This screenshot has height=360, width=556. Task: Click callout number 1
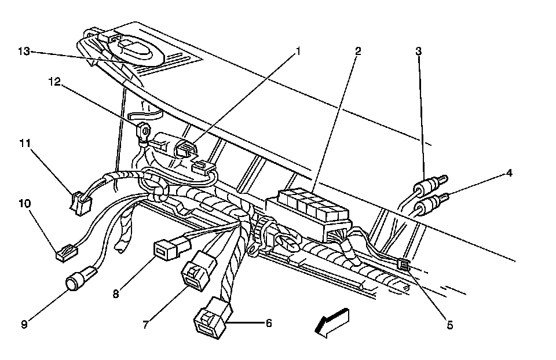coord(299,51)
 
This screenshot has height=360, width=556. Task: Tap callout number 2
coord(358,51)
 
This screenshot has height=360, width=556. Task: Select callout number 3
coord(418,51)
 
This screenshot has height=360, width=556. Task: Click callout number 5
coord(450,325)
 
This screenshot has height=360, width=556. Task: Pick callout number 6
coord(268,323)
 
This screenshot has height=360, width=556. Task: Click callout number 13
coord(24,51)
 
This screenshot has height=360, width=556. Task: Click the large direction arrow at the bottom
coord(331,321)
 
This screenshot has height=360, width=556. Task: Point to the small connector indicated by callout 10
coord(64,253)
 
